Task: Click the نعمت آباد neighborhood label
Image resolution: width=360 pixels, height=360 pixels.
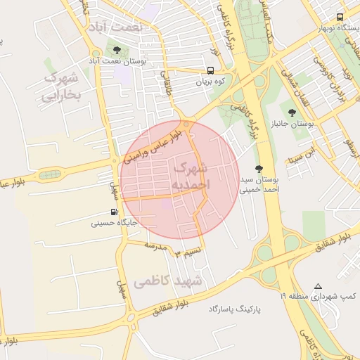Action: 116,27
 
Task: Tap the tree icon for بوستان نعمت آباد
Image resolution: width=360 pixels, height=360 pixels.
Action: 116,50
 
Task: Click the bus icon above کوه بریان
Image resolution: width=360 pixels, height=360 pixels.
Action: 210,70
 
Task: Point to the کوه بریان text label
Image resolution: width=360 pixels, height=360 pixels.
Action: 210,82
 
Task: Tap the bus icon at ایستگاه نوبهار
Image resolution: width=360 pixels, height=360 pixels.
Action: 340,17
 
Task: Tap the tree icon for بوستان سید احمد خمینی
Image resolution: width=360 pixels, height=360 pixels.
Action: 259,168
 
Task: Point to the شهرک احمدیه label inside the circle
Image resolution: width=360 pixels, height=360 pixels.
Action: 191,176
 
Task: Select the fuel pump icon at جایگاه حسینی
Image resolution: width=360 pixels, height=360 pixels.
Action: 113,212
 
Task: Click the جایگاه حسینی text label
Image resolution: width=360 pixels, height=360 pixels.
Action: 113,224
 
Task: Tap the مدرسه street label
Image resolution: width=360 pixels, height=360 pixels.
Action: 160,246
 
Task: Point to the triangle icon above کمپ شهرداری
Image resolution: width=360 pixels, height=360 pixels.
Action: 318,286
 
